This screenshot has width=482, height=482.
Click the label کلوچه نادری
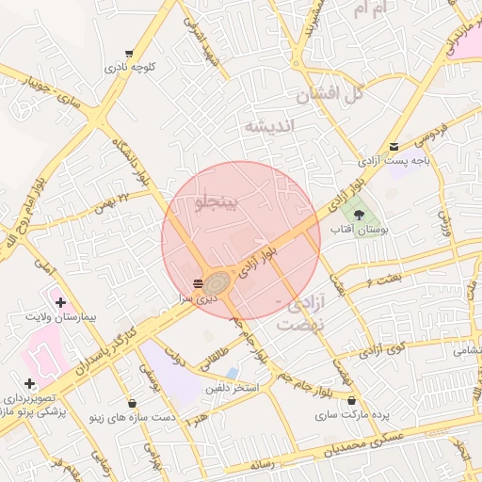pyautogui.click(x=129, y=67)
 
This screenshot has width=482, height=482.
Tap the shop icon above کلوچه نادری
pyautogui.click(x=129, y=54)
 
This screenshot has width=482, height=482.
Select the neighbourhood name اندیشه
pyautogui.click(x=269, y=125)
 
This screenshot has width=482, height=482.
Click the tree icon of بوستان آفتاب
pyautogui.click(x=358, y=215)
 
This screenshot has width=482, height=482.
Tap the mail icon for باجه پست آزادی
pyautogui.click(x=394, y=146)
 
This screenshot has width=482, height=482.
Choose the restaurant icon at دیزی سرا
pyautogui.click(x=198, y=283)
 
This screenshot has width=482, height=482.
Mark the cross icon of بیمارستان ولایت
pyautogui.click(x=61, y=302)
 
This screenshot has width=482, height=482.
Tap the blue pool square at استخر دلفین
pyautogui.click(x=232, y=373)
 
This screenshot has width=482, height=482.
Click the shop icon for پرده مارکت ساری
pyautogui.click(x=351, y=401)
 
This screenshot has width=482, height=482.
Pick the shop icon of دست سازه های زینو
pyautogui.click(x=132, y=404)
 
